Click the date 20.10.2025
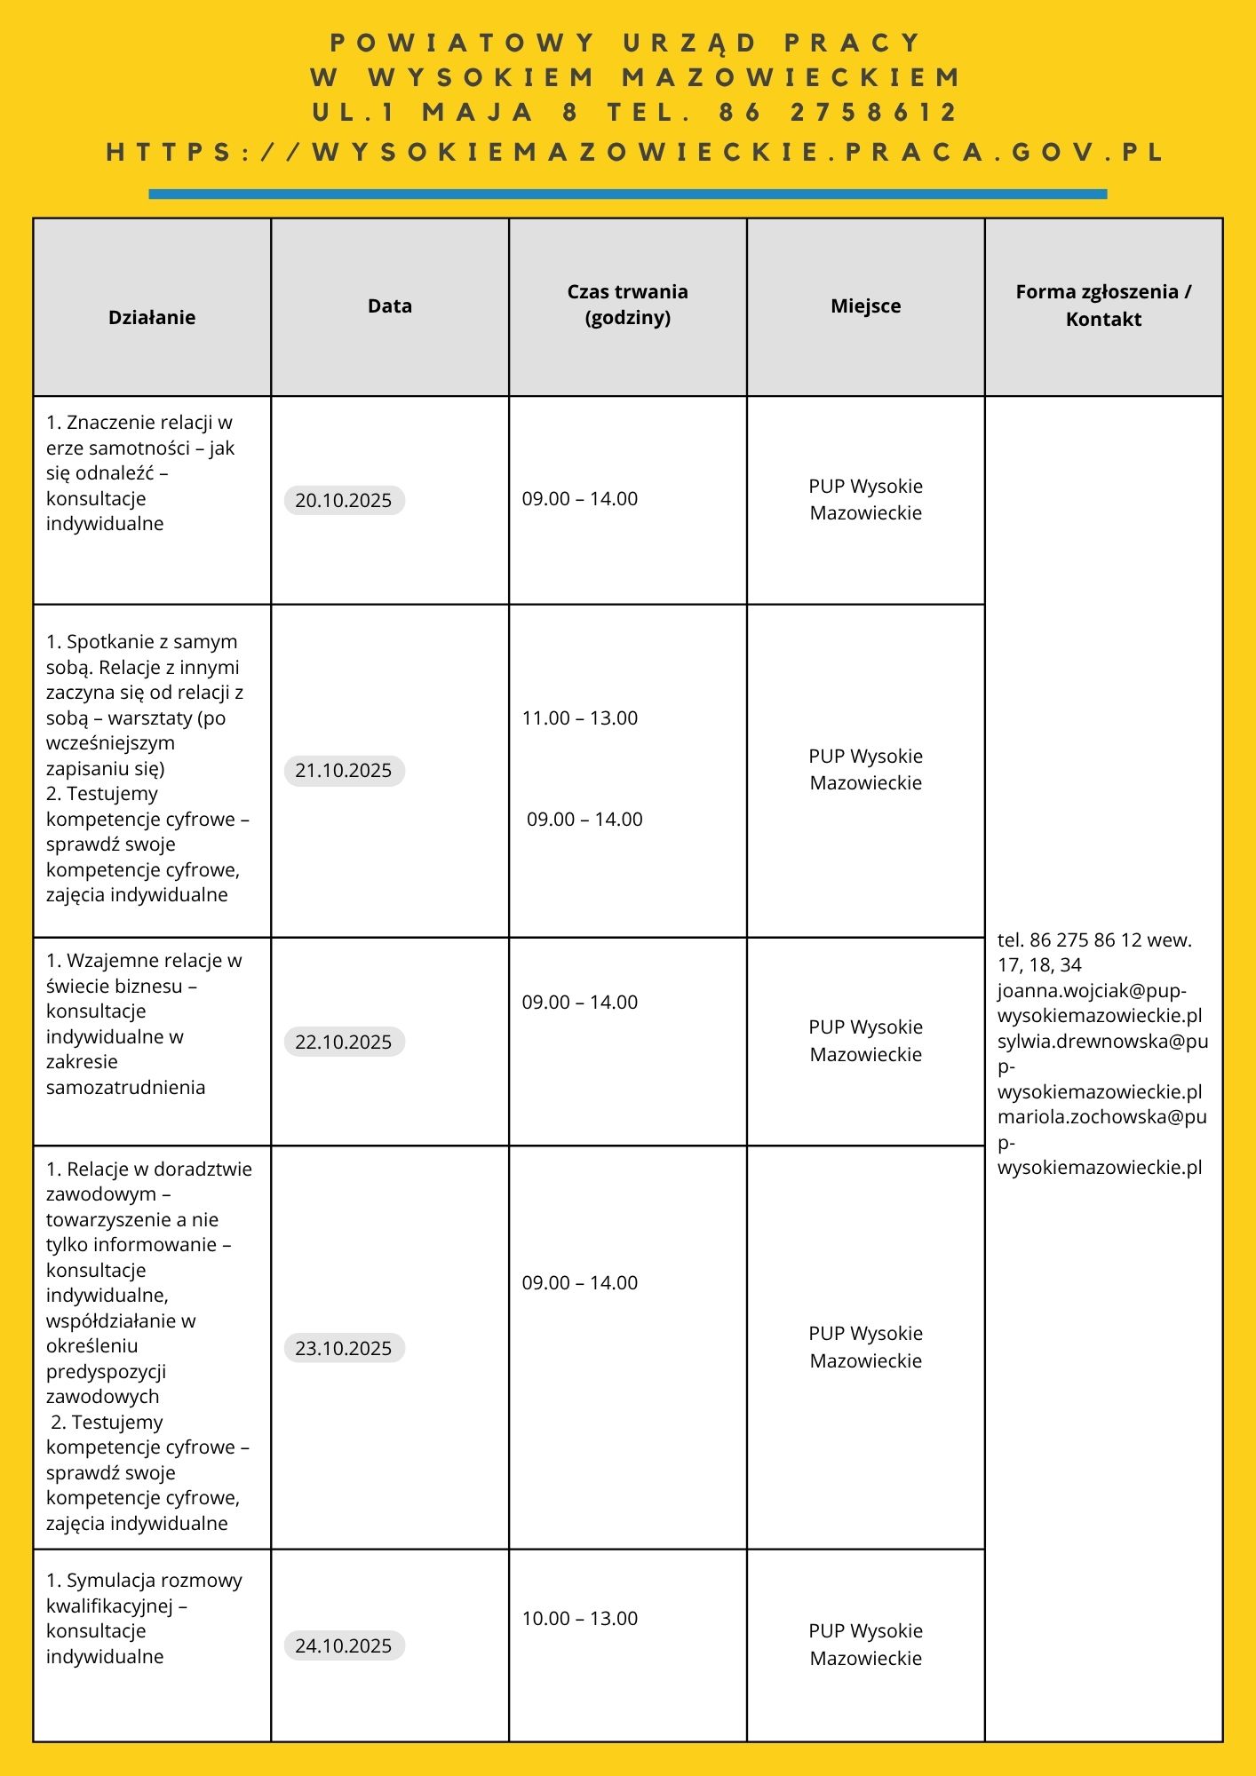click(x=344, y=500)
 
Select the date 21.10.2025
click(x=344, y=770)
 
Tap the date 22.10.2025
click(x=344, y=1042)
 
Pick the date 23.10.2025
click(x=344, y=1348)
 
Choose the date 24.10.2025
click(x=344, y=1645)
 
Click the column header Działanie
click(x=152, y=317)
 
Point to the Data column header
click(x=390, y=305)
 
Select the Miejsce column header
click(x=866, y=305)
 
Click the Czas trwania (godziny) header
click(x=628, y=305)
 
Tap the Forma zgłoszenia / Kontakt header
click(x=1103, y=305)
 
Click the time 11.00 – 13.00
click(x=580, y=718)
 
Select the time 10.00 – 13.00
click(x=580, y=1618)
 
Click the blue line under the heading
click(x=628, y=194)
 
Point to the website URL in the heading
click(x=635, y=152)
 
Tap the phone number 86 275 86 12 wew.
click(x=1094, y=940)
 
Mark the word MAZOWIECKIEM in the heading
click(x=791, y=77)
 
